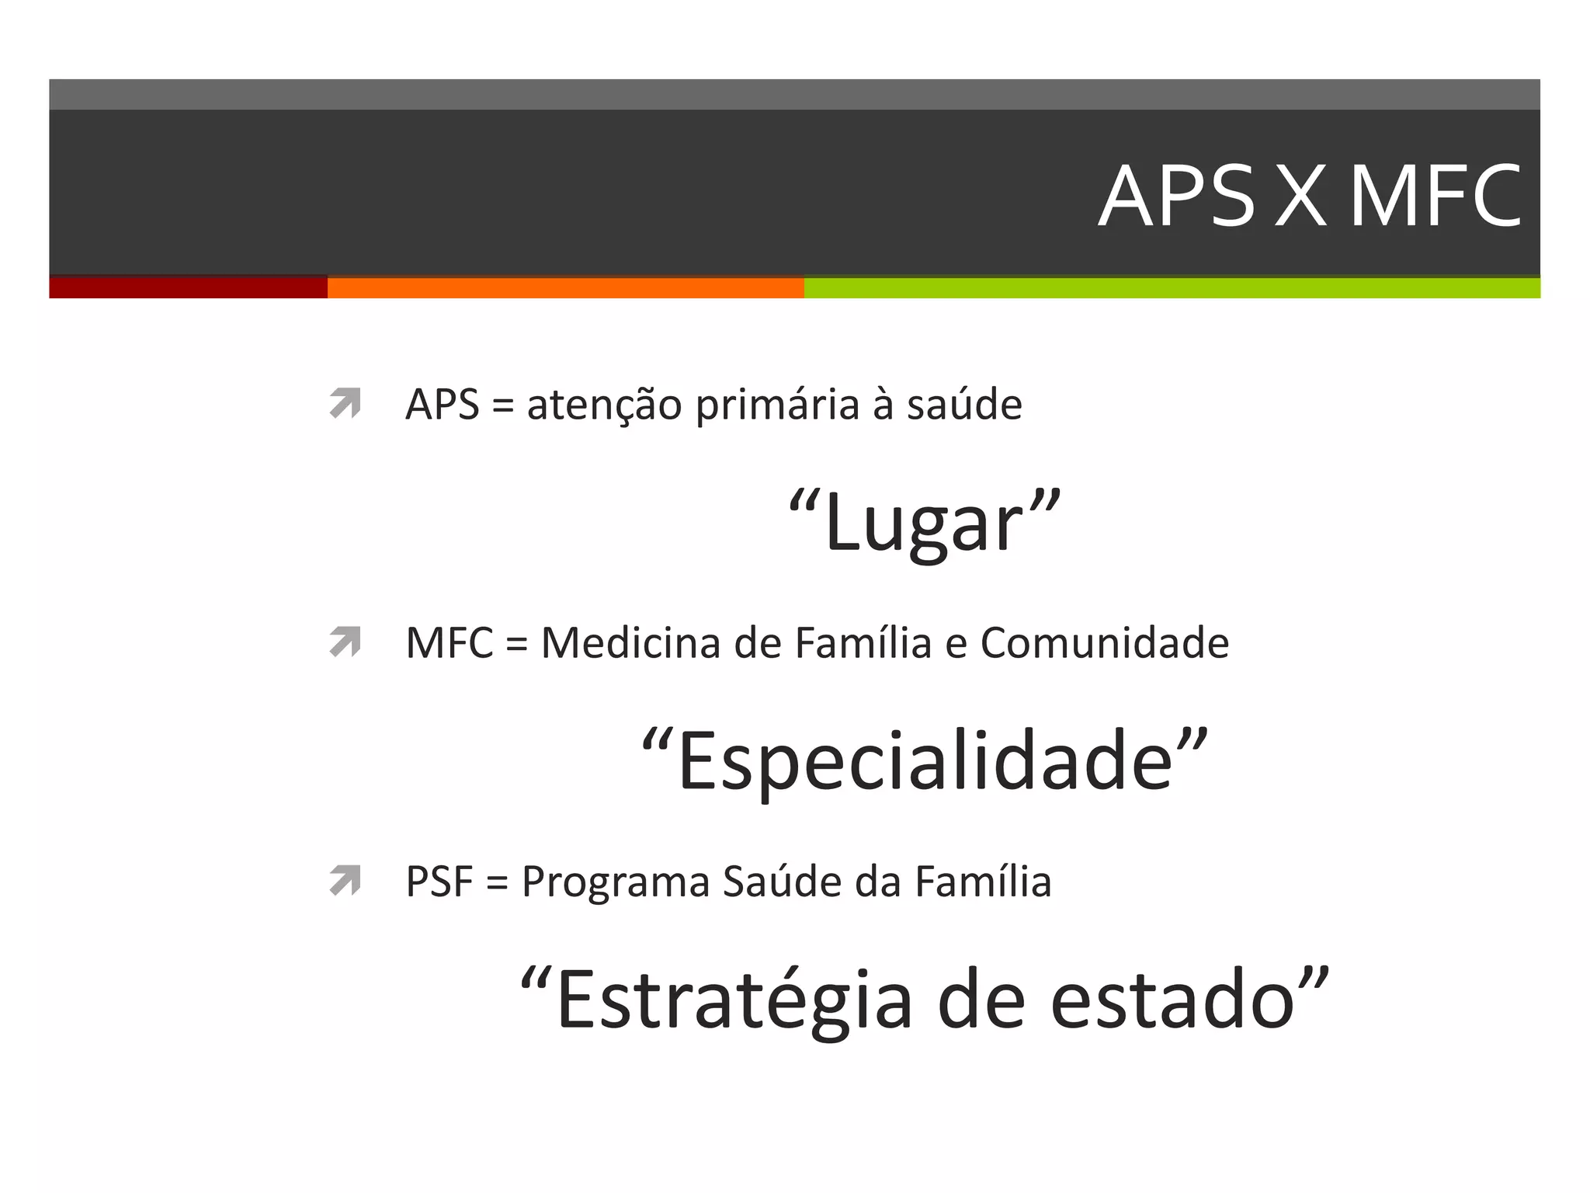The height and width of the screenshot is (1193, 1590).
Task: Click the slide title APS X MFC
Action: pos(1309,196)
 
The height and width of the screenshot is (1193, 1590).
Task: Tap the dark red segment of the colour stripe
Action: pos(188,287)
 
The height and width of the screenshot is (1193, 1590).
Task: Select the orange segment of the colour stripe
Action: pos(565,287)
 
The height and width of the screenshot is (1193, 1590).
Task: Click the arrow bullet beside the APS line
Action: pos(345,403)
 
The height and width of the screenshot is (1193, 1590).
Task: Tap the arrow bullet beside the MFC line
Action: pos(345,642)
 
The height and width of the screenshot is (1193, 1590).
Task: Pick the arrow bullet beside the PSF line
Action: pos(345,880)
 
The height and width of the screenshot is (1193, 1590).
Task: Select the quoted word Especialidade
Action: pos(925,762)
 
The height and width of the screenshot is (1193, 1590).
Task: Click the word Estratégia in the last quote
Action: pos(734,1001)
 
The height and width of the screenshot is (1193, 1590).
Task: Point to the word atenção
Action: pos(604,405)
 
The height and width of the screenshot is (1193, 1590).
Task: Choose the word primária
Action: pos(777,405)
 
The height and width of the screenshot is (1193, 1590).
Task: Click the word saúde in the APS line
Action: pos(964,405)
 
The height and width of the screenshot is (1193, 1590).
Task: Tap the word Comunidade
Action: pos(1104,644)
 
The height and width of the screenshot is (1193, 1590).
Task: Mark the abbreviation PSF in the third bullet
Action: pos(439,882)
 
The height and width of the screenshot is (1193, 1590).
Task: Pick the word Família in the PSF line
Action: pos(983,882)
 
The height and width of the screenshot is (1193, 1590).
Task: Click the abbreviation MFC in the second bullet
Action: pos(450,644)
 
